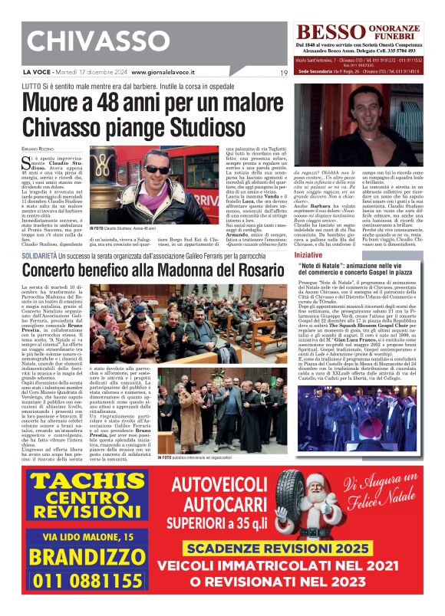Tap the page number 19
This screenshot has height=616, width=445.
tap(283, 73)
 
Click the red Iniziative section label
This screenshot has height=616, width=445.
tap(308, 254)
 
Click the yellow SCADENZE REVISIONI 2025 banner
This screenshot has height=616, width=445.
tap(293, 549)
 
